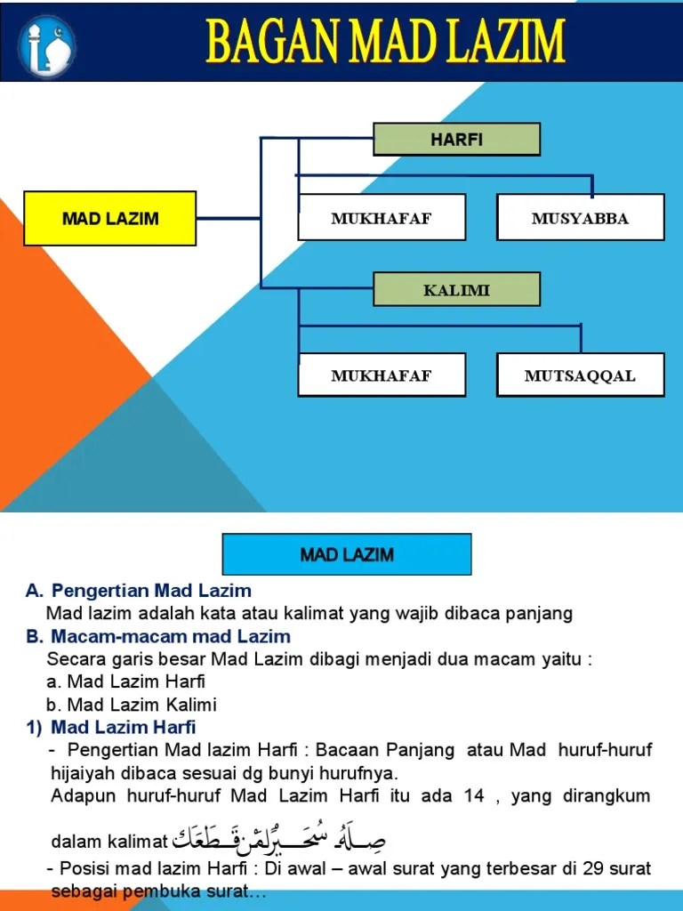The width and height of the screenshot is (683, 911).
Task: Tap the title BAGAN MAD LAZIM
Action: (385, 42)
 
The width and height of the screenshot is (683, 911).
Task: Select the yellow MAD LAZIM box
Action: (110, 218)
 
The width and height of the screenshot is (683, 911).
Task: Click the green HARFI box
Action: (456, 139)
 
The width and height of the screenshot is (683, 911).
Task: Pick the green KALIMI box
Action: (456, 289)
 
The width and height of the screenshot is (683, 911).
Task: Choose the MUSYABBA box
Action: (580, 218)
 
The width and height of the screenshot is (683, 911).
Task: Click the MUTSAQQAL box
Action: (580, 375)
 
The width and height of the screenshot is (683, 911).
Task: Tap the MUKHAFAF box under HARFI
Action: (381, 218)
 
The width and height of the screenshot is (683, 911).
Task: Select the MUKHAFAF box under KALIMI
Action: (381, 375)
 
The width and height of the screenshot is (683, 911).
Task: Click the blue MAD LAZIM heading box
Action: (347, 555)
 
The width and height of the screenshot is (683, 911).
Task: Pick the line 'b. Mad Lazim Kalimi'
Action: (132, 705)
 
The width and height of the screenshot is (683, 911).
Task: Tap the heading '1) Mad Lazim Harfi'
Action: (110, 728)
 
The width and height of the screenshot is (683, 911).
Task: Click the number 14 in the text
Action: (473, 795)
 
